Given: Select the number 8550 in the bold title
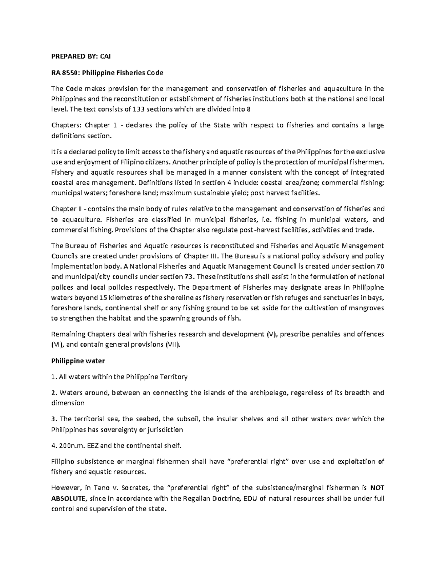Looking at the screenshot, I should coord(70,72).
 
